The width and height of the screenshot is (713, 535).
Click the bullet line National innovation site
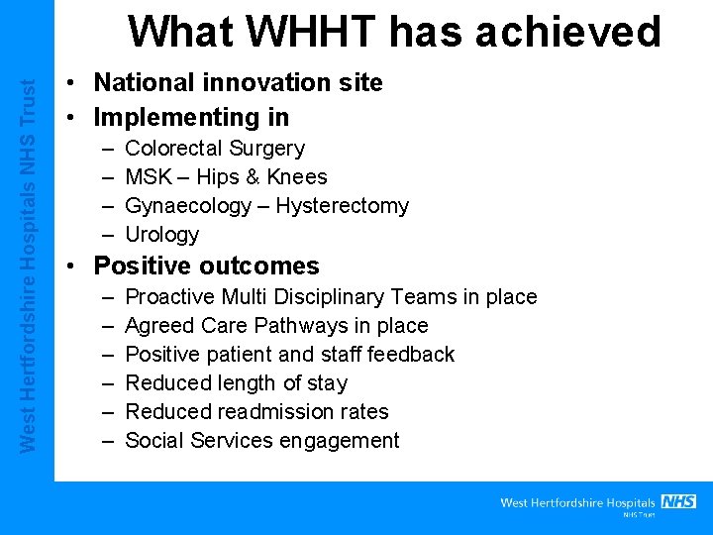[x=238, y=82]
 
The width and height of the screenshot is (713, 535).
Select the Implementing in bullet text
[x=191, y=117]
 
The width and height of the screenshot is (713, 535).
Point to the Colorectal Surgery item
[x=215, y=149]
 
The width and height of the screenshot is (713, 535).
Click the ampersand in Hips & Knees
[x=251, y=177]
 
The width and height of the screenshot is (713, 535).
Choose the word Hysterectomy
[x=342, y=206]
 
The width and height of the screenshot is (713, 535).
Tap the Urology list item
[x=162, y=235]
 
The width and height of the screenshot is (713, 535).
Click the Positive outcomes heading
[x=206, y=266]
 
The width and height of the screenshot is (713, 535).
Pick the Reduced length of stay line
[x=237, y=383]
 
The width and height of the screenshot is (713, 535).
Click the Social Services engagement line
[x=262, y=441]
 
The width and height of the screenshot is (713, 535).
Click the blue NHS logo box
[x=678, y=501]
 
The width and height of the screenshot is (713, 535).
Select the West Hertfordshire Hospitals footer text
[x=577, y=503]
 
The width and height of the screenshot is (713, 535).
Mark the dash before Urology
[x=106, y=235]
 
